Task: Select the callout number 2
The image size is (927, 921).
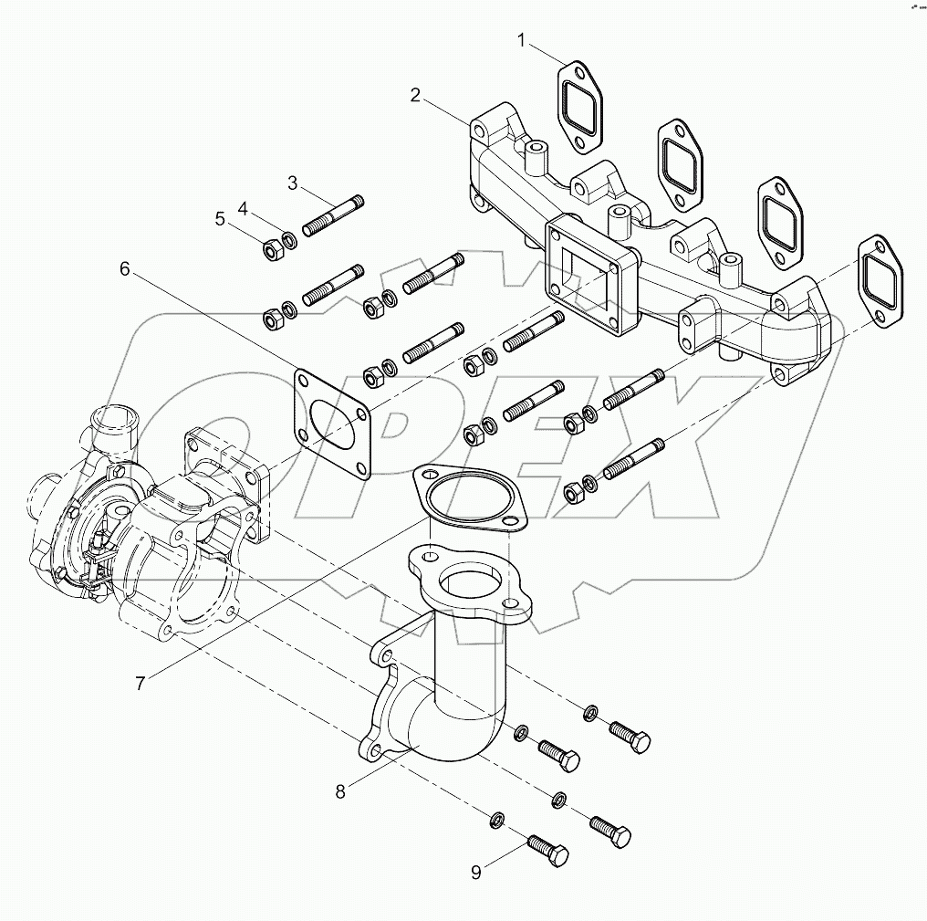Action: tap(415, 95)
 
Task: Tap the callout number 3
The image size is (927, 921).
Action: tap(293, 183)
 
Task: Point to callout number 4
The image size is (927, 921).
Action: tap(243, 208)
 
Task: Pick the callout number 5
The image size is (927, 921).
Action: tap(220, 219)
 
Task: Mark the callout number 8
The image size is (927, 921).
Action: tap(340, 791)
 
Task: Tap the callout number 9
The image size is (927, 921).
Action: tap(475, 873)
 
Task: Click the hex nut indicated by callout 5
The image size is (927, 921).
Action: tap(271, 247)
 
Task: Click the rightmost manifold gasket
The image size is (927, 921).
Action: tap(880, 281)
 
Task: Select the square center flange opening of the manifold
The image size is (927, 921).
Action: tap(585, 274)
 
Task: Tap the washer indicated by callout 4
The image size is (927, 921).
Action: tap(289, 241)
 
